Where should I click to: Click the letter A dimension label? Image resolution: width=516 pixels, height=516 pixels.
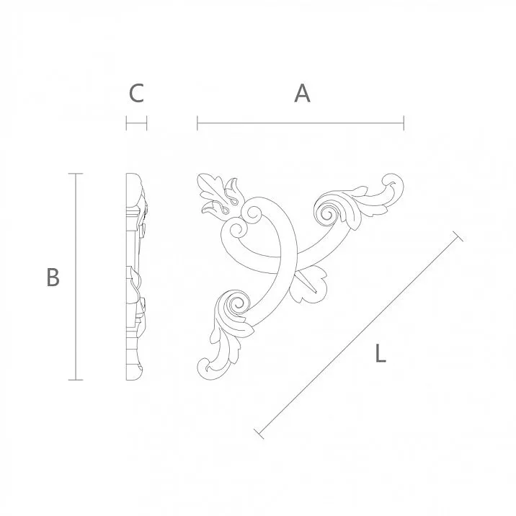302,93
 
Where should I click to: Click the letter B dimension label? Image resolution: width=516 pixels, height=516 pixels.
52,277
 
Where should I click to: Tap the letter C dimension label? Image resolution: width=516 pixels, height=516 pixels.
136,93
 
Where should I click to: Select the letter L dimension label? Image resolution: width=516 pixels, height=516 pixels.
381,353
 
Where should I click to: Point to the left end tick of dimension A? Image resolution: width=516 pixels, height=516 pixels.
197,123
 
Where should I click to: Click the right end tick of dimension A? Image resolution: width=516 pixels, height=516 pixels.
404,123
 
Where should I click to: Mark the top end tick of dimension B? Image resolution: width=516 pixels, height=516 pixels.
75,174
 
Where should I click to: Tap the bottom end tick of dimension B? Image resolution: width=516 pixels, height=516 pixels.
75,379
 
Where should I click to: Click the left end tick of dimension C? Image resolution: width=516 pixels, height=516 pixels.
127,123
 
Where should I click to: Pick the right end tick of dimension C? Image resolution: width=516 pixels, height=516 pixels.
147,123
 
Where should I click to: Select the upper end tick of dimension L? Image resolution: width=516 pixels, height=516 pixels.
456,235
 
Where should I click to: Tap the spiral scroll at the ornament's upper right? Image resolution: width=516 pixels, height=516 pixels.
325,212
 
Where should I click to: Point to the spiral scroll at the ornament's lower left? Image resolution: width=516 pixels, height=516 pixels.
235,306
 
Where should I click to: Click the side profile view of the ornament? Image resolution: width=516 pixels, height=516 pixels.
137,277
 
